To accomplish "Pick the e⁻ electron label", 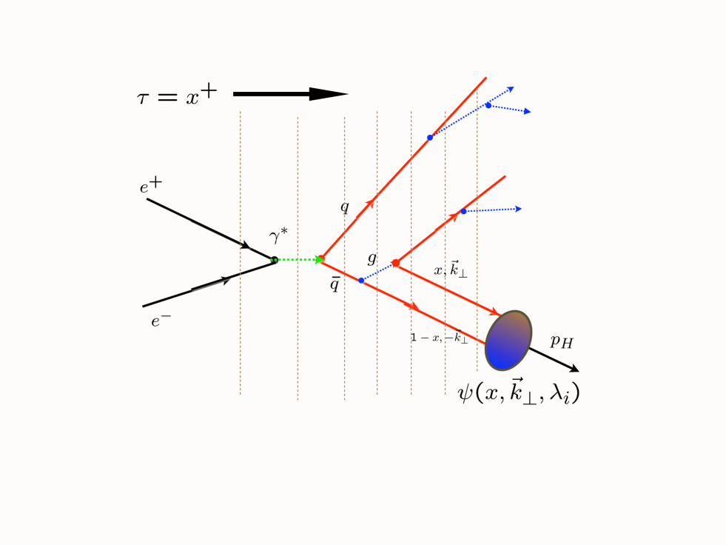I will point(161,321).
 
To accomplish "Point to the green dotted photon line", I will point(298,260).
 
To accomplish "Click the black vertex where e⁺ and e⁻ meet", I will point(275,260).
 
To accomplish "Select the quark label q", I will point(344,207).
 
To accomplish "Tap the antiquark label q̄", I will point(335,284).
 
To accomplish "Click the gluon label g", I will point(372,258).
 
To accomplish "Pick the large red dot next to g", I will point(396,263).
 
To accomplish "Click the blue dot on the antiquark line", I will point(361,281).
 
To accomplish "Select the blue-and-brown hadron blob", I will point(508,340).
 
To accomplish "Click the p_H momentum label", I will point(561,342).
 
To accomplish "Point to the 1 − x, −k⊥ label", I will point(439,338).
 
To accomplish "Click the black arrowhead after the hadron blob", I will point(573,368).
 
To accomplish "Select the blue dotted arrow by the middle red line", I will point(492,210).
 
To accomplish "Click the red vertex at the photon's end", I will point(321,259).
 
